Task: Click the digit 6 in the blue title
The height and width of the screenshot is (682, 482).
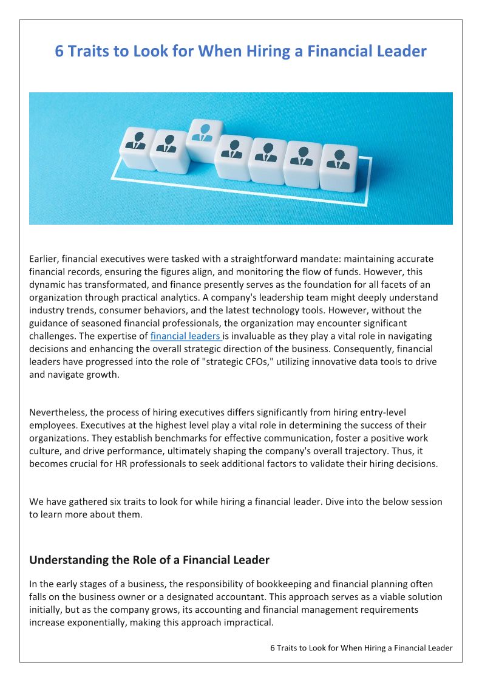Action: pos(59,51)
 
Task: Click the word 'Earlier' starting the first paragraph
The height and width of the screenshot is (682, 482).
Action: pos(43,259)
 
